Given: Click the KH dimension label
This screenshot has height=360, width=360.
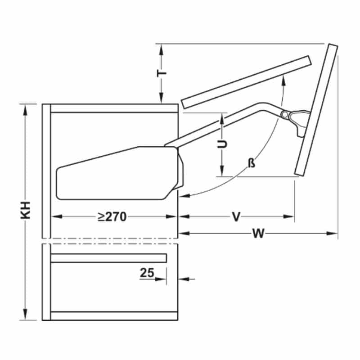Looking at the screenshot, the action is tap(26, 210).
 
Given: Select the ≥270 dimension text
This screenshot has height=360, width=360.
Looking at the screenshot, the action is tap(112, 216).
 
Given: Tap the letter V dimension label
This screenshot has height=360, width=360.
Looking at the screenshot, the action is tap(236, 216).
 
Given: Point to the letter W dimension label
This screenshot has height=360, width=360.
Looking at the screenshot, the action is tap(258, 234).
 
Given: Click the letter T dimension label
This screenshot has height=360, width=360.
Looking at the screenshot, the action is tap(162, 73).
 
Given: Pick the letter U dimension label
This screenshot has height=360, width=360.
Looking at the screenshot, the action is tap(222, 144).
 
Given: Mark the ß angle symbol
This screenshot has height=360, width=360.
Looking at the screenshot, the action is tap(252, 163).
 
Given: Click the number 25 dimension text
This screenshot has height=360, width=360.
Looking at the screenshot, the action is tap(147, 273).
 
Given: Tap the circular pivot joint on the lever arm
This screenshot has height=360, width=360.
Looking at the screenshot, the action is tap(284, 115).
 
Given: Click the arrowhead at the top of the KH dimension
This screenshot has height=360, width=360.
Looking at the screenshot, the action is tap(25, 109).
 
